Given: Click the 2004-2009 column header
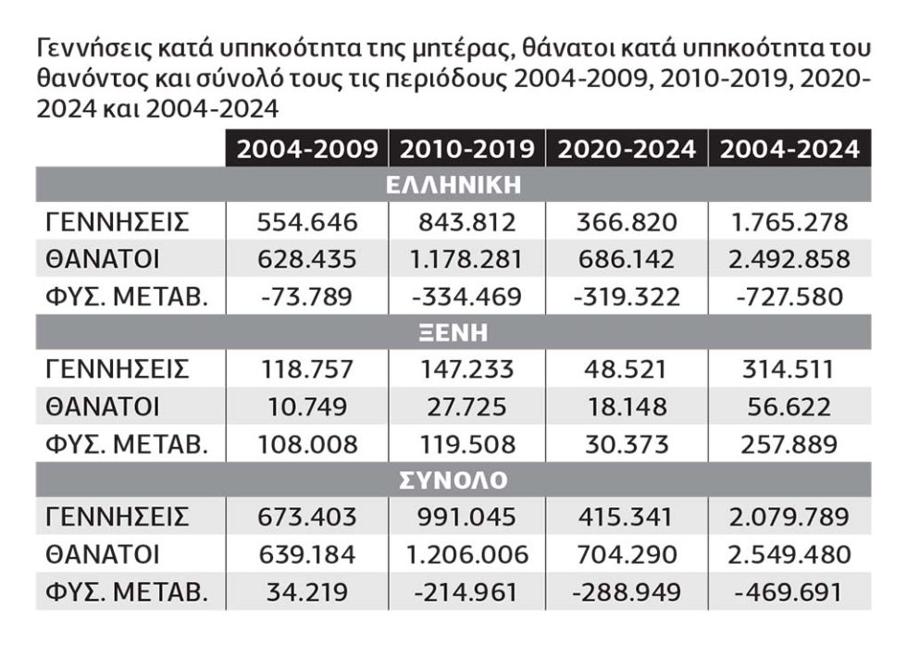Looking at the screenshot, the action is point(307,149).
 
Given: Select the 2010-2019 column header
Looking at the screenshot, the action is point(466,149).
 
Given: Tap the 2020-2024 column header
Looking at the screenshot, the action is point(627,149).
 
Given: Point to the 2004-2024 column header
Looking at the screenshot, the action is point(789,149).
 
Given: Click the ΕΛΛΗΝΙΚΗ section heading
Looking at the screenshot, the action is point(453,185).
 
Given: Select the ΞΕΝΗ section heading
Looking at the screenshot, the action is point(453,332).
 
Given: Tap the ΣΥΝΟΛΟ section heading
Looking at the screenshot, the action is point(453,480).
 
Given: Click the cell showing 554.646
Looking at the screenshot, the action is point(307,222).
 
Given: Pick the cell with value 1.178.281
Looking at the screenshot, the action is point(466,259).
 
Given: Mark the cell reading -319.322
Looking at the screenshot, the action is point(627,297).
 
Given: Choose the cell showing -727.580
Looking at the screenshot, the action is point(789,297).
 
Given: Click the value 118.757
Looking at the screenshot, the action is point(307,369).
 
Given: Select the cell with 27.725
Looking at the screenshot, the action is point(466,406).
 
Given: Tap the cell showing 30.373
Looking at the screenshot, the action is point(627,444).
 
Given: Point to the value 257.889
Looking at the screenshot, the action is point(789,444).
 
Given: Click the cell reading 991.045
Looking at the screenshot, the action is point(466,517).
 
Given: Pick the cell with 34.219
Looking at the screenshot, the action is point(307,591).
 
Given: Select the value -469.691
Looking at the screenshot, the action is point(789,591).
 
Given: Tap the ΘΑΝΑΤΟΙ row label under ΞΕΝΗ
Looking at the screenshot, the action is point(103,406).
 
